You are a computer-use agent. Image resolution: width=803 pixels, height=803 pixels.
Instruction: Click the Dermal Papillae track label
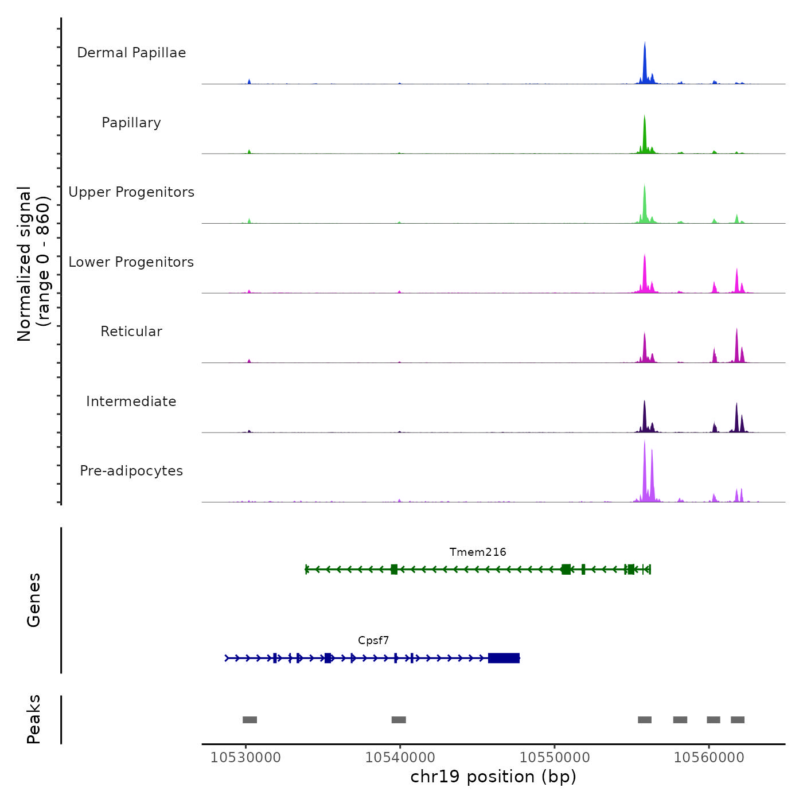pos(131,53)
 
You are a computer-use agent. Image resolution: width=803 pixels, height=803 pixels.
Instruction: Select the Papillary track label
pos(131,123)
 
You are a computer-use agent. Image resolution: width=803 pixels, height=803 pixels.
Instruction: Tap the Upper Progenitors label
pos(131,192)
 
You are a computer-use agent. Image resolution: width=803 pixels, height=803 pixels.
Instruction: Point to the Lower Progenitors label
pos(131,262)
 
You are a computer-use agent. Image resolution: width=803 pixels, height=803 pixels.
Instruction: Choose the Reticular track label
pos(131,332)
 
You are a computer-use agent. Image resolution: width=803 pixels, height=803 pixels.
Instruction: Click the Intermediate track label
pos(131,402)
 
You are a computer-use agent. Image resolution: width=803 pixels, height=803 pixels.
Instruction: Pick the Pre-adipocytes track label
pos(131,471)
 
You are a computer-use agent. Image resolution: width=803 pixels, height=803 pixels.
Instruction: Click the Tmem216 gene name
pos(478,552)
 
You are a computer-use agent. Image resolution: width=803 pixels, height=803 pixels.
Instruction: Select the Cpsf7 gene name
pos(373,641)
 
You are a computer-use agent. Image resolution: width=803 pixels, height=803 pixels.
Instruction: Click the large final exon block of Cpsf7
pos(504,658)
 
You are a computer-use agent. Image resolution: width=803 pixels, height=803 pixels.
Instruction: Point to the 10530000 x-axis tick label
pos(245,758)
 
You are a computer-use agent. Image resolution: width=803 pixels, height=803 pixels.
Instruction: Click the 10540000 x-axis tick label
pos(400,758)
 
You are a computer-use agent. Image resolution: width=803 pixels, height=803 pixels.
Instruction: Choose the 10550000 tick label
pos(555,758)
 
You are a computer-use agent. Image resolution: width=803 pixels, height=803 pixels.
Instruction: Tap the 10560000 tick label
pos(709,758)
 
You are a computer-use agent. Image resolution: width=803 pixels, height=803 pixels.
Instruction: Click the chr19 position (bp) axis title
pos(493,777)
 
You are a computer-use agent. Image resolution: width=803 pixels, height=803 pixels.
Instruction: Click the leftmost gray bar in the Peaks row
pos(250,720)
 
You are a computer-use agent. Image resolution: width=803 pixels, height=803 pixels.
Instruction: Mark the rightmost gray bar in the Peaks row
pos(738,720)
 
